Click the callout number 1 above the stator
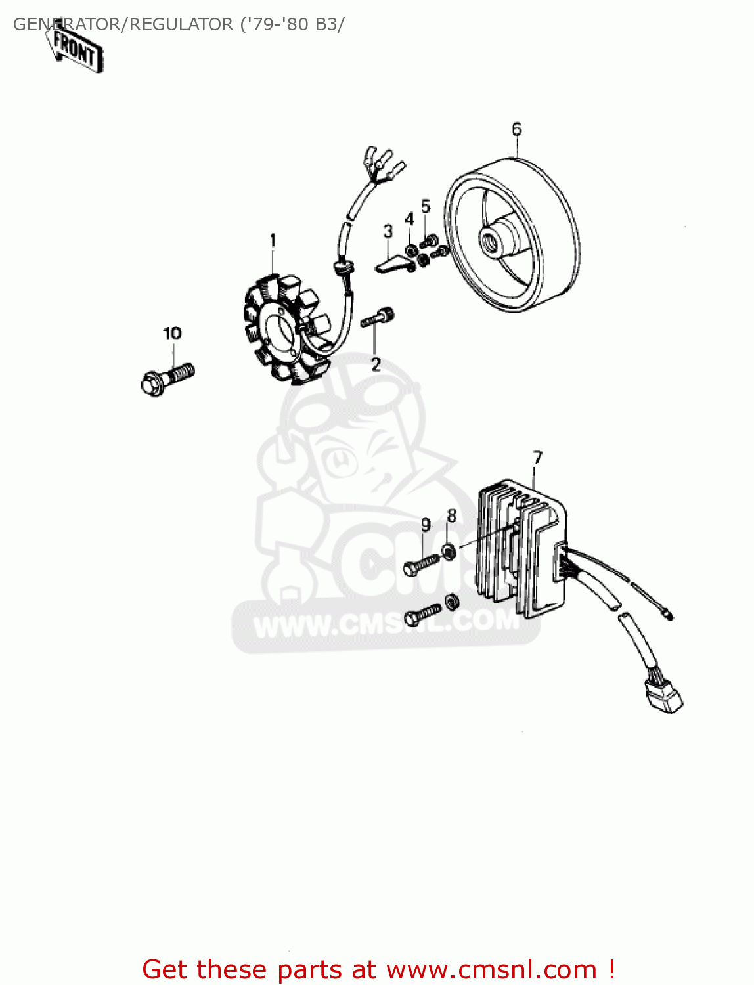(273, 241)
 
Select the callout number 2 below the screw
(376, 364)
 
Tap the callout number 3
(388, 231)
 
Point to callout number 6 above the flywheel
(516, 129)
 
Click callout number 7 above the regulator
(538, 458)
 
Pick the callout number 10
(172, 334)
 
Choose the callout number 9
(426, 525)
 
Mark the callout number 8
(452, 516)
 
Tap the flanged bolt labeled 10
(167, 378)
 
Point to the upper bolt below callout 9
(420, 565)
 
